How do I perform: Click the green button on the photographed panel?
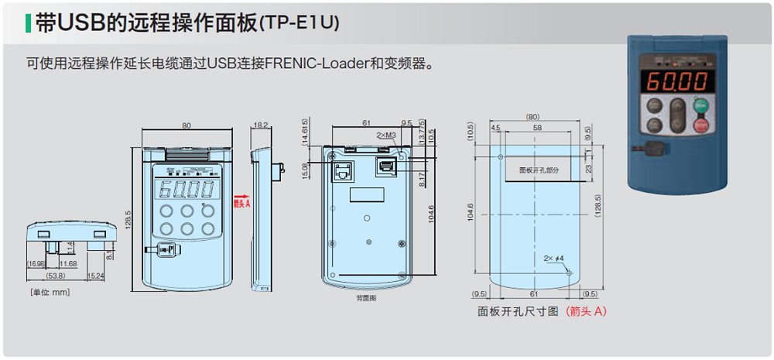pos(702,106)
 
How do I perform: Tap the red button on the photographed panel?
pos(702,125)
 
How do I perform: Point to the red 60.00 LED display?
pos(676,81)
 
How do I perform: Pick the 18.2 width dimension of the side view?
pos(261,124)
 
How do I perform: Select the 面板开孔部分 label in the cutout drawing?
pos(539,169)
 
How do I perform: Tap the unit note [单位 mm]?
pos(50,292)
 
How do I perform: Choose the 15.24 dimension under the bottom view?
pos(96,276)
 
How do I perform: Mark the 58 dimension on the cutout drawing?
pos(536,126)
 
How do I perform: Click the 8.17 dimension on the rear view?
pos(422,180)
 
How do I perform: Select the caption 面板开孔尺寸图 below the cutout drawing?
pos(517,311)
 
